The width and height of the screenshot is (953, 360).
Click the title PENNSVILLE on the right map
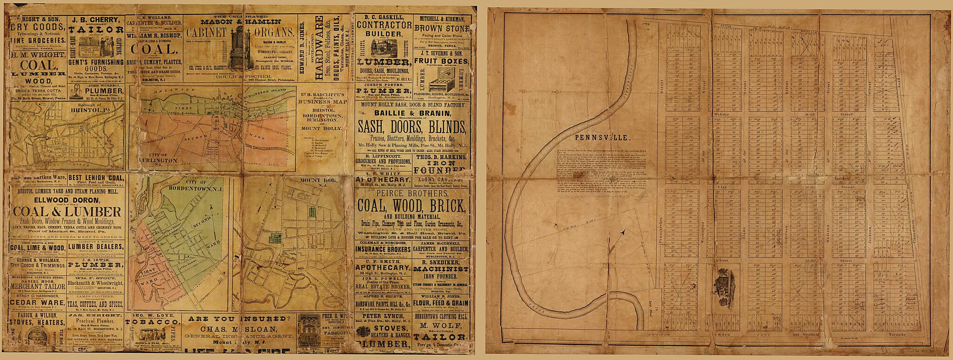point(602,138)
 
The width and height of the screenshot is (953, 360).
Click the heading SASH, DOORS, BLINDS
point(411,127)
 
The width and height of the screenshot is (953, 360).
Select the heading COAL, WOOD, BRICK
point(411,205)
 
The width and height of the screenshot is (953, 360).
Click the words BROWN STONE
point(440,28)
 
